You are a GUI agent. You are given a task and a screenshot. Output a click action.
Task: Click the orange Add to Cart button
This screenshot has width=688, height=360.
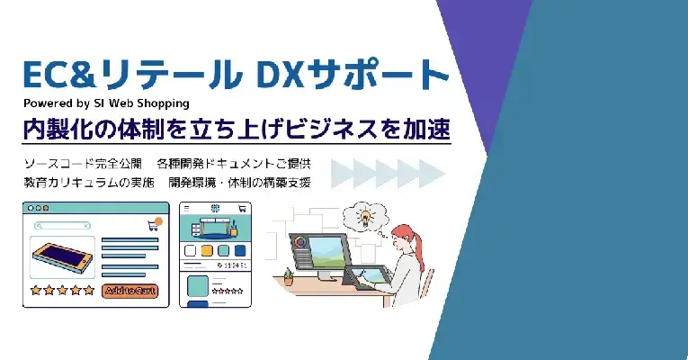pos(131,290)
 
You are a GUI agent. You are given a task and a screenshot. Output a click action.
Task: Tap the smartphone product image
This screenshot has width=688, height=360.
pos(64,257)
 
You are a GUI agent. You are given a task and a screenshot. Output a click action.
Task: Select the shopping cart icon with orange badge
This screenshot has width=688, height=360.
pos(153,224)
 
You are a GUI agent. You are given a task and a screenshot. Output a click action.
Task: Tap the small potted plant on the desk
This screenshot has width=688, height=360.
pos(289,274)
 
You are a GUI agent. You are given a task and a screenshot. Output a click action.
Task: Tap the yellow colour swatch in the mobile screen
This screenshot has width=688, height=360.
pos(208,250)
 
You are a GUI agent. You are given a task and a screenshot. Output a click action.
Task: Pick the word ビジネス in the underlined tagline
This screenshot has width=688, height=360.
pos(325,129)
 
